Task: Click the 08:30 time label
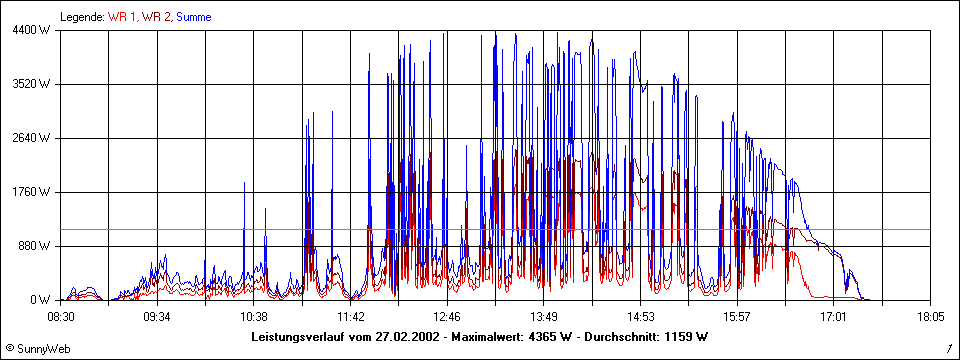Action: (x=61, y=316)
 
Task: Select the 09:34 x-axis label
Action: (x=157, y=316)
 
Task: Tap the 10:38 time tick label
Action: (x=254, y=316)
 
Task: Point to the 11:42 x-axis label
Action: (x=351, y=316)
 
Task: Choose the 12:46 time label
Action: (x=447, y=316)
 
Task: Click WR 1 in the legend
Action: (x=123, y=17)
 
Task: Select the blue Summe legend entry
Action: (x=193, y=17)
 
